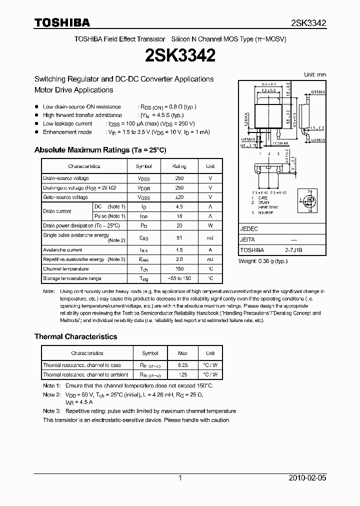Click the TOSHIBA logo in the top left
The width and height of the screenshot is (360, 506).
tap(62, 23)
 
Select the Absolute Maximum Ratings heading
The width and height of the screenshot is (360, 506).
tap(100, 150)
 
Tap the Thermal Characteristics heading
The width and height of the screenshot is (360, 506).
tap(75, 336)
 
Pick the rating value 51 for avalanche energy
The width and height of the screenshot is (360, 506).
tap(179, 238)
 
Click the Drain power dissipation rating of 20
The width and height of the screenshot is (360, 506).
tap(179, 225)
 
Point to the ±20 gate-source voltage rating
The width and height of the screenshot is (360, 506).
tap(179, 197)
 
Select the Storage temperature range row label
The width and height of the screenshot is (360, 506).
tap(72, 278)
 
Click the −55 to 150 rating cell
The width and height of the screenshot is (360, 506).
tap(179, 278)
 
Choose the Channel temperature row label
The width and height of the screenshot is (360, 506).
tap(65, 269)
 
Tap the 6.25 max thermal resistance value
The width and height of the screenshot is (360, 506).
tap(182, 365)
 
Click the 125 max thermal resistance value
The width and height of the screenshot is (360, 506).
tap(182, 374)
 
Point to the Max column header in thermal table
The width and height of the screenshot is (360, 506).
tap(182, 353)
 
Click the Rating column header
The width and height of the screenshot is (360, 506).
tap(179, 166)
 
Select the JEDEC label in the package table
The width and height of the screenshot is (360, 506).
tap(249, 227)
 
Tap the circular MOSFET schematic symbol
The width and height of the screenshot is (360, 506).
tap(310, 200)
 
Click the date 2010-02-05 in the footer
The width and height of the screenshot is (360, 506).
tap(307, 478)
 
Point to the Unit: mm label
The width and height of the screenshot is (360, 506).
tap(315, 74)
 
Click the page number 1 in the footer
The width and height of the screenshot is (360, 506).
tap(180, 478)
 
